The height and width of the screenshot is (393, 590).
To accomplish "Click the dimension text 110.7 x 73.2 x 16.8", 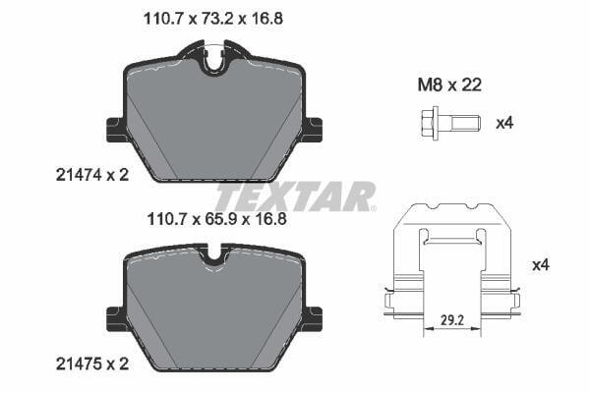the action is click(x=213, y=19).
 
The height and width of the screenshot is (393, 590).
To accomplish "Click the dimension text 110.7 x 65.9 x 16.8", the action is click(x=217, y=219).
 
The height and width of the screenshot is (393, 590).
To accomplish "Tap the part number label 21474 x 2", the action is click(x=92, y=175).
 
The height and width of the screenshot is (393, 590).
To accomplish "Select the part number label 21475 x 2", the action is click(x=92, y=364).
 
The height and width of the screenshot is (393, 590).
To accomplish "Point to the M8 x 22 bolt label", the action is click(x=449, y=85).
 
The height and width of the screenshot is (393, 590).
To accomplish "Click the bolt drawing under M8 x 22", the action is click(x=449, y=124).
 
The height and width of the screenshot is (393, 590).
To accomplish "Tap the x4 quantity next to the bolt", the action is click(x=504, y=123).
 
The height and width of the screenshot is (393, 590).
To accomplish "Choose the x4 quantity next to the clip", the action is click(x=541, y=265).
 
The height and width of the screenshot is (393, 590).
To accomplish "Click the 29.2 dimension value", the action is click(x=452, y=320).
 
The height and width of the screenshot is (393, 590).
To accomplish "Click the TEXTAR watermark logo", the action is click(x=295, y=196).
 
